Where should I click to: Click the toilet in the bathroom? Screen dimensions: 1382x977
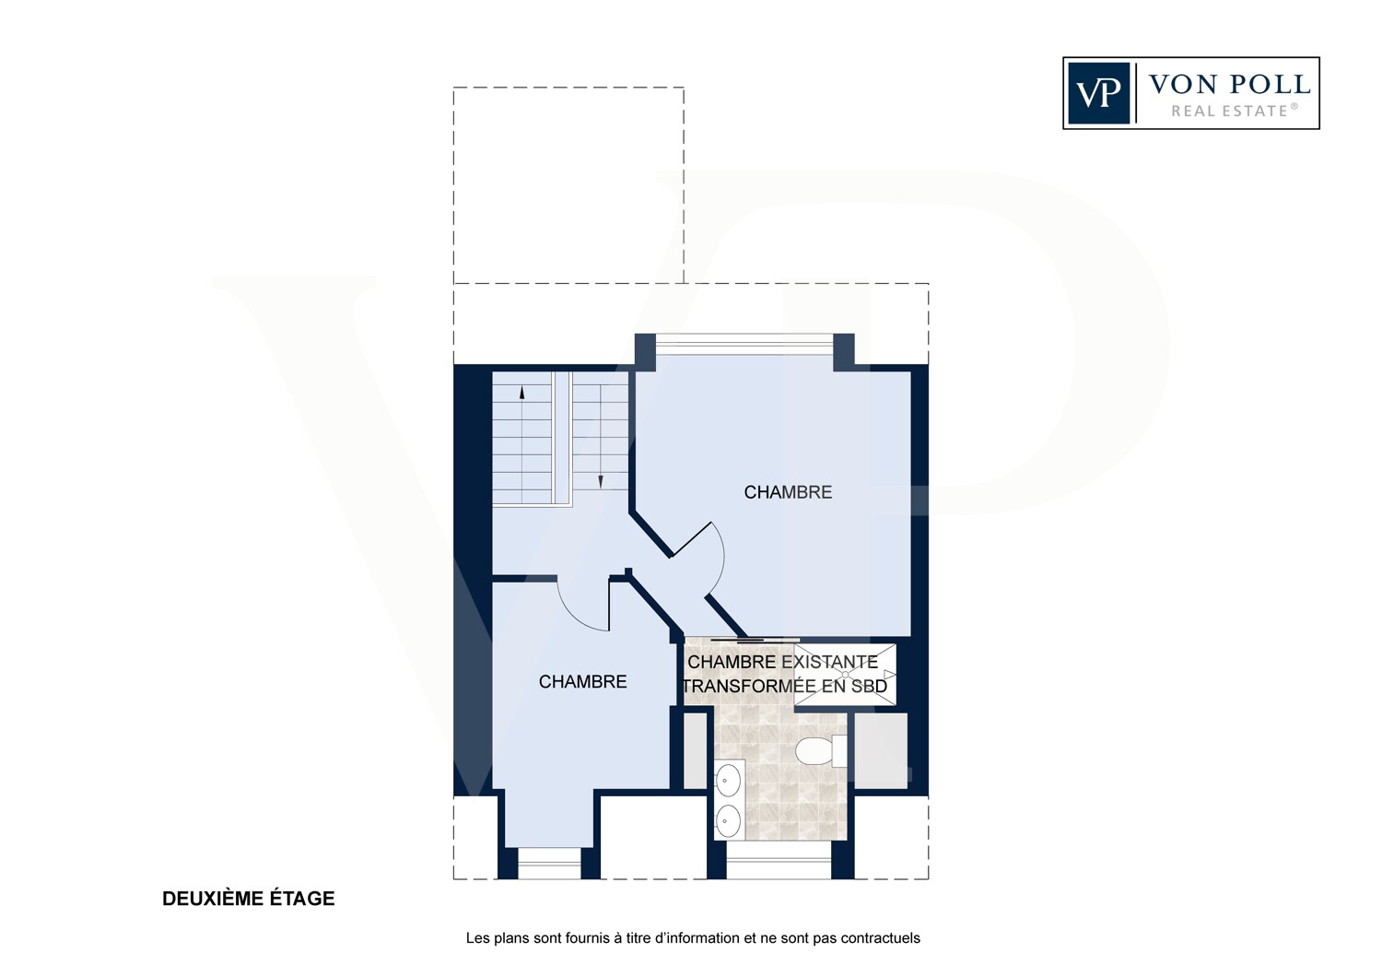click(x=821, y=751)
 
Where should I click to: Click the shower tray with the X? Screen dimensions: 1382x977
click(x=845, y=676)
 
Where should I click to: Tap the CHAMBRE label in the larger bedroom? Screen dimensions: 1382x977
click(x=788, y=492)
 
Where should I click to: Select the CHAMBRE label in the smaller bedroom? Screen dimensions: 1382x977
click(x=582, y=681)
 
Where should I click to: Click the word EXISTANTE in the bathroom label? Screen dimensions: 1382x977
click(x=829, y=662)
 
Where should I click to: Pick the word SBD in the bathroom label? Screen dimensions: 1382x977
click(x=870, y=686)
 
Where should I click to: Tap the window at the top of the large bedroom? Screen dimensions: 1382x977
click(x=744, y=344)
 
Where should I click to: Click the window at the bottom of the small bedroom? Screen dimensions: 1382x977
click(x=549, y=863)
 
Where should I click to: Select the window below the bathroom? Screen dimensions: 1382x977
click(x=779, y=860)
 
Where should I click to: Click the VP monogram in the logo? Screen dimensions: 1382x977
click(x=1099, y=93)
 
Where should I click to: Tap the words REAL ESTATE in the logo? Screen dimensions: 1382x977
click(x=1230, y=112)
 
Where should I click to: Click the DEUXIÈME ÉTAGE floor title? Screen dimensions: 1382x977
click(x=249, y=898)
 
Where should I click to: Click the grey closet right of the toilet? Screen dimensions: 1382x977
click(x=881, y=750)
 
